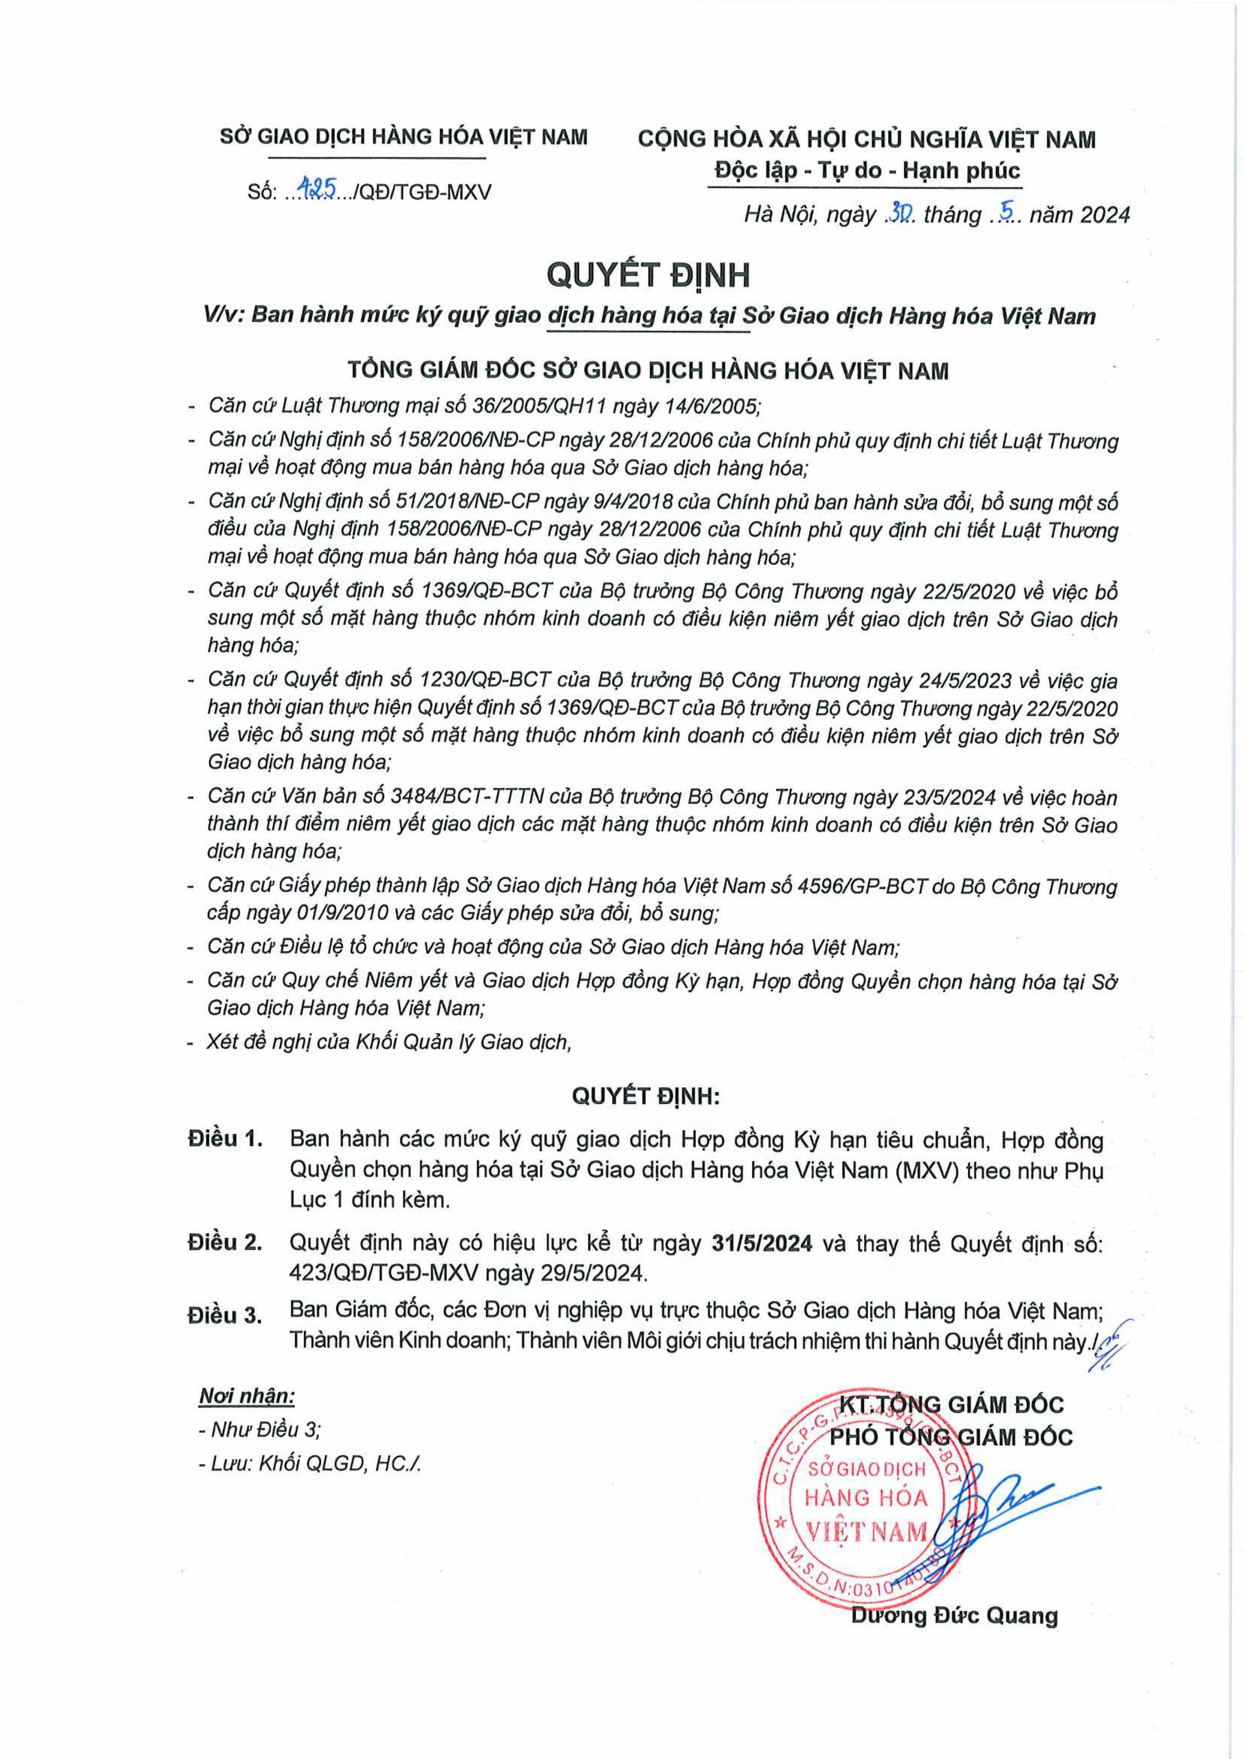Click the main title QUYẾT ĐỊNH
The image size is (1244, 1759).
click(648, 275)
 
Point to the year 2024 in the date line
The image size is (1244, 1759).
click(1101, 215)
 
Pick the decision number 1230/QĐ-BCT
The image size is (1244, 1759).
click(485, 680)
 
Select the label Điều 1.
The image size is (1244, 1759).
click(225, 1139)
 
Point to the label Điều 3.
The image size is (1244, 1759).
click(225, 1315)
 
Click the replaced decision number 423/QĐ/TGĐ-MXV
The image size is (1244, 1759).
click(383, 1273)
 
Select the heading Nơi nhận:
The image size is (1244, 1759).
click(247, 1396)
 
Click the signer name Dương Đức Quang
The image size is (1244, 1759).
click(954, 1616)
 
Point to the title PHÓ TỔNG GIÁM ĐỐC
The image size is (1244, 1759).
click(951, 1437)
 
